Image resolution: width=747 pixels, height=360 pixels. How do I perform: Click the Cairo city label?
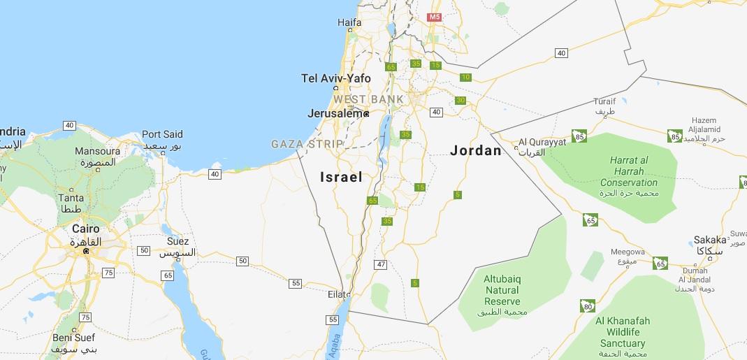[86, 229]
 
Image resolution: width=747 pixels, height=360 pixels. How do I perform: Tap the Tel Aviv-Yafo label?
[336, 78]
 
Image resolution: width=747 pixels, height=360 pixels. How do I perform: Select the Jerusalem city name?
[335, 113]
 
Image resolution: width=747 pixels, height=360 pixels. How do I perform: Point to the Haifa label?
[349, 22]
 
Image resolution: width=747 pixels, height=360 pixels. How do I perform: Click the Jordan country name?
[476, 150]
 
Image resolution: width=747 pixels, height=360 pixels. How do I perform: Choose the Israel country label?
[341, 177]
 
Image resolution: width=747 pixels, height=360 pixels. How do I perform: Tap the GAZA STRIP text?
[307, 144]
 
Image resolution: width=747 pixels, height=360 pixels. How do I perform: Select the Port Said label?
[162, 134]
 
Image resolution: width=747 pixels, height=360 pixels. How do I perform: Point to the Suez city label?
[177, 242]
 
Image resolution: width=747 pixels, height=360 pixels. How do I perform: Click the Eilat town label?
[337, 294]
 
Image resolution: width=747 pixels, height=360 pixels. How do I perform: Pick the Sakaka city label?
[710, 240]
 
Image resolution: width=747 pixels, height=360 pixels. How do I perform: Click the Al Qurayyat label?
[542, 143]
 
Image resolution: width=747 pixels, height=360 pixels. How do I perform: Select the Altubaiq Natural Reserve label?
[502, 290]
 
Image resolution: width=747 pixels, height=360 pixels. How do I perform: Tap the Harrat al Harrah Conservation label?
[628, 171]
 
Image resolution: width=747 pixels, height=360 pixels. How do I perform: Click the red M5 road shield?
[435, 17]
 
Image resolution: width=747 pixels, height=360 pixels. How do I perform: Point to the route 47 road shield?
[381, 264]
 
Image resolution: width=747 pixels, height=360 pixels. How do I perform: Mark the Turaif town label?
[604, 101]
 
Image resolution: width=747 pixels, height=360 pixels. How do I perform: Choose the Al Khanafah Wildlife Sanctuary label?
[623, 332]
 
